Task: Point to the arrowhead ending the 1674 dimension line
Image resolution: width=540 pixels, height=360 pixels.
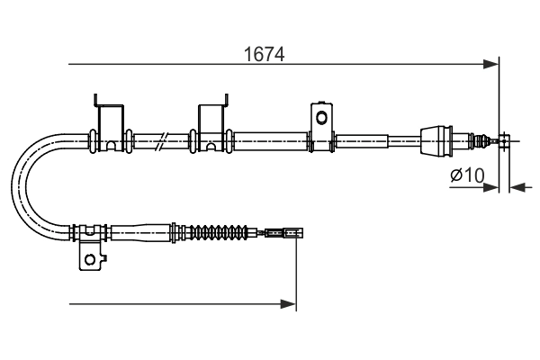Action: [x=491, y=64]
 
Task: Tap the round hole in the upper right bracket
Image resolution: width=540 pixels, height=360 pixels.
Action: [x=319, y=117]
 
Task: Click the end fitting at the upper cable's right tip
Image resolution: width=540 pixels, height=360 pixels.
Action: [x=506, y=140]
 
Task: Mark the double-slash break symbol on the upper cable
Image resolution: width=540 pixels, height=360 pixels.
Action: [x=160, y=140]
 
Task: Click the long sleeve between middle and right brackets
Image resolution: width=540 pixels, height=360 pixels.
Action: [x=270, y=139]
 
